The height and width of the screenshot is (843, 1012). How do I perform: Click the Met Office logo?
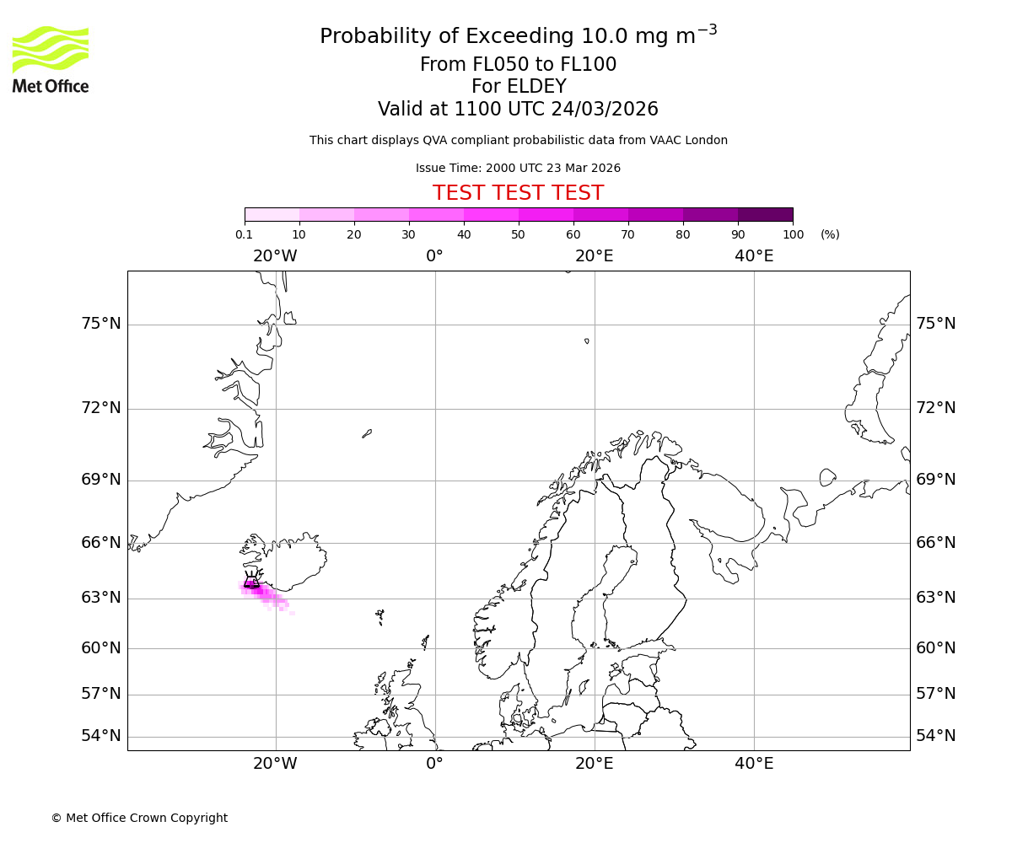pos(51,59)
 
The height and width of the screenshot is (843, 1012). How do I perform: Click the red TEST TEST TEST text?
pos(518,194)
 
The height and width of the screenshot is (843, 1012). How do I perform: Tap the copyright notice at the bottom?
pos(139,818)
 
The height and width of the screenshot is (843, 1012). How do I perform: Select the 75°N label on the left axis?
pos(101,324)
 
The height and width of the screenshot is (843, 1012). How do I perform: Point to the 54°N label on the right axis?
pos(936,736)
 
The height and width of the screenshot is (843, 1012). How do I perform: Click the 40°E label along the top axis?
pos(754,256)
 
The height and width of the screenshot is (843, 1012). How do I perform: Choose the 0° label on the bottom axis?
pos(434,764)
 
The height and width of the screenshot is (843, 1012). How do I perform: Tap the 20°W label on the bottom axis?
pos(275,764)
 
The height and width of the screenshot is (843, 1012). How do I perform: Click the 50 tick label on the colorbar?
pos(518,234)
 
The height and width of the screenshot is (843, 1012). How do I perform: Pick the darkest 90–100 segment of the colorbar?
pos(765,214)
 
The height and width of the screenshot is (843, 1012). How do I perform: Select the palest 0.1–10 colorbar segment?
pos(272,214)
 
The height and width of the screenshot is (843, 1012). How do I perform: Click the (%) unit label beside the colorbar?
pos(830,234)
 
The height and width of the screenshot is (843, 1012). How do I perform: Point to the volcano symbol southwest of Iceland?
pos(251,579)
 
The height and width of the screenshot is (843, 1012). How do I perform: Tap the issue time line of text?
pos(518,169)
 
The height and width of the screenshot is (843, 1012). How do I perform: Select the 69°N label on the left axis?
pos(101,480)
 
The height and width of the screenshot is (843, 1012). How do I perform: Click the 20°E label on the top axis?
pos(594,256)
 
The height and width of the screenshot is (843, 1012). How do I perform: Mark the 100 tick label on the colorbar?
pos(793,234)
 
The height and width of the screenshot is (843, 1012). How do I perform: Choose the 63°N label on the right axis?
pos(936,598)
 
